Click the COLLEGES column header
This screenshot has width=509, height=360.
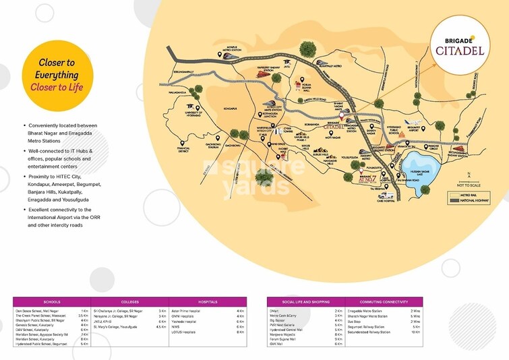[130, 302]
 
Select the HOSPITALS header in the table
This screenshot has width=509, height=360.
[208, 302]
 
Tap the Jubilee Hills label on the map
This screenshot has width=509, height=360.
[309, 153]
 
